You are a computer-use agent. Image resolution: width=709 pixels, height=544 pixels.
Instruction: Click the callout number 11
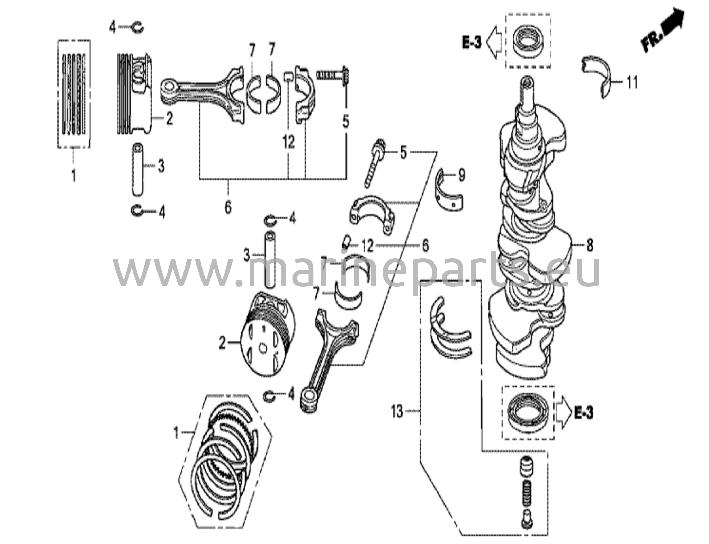632,83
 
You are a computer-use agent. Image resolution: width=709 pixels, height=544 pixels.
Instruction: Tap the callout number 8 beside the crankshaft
590,246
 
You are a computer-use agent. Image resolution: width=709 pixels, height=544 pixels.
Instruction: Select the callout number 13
397,412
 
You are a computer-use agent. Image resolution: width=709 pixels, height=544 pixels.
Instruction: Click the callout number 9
462,176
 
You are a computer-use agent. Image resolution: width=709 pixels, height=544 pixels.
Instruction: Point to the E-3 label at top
472,43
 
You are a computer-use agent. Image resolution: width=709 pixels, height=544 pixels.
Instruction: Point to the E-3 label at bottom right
583,413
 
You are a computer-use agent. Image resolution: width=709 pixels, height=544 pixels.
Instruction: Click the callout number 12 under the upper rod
288,142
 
